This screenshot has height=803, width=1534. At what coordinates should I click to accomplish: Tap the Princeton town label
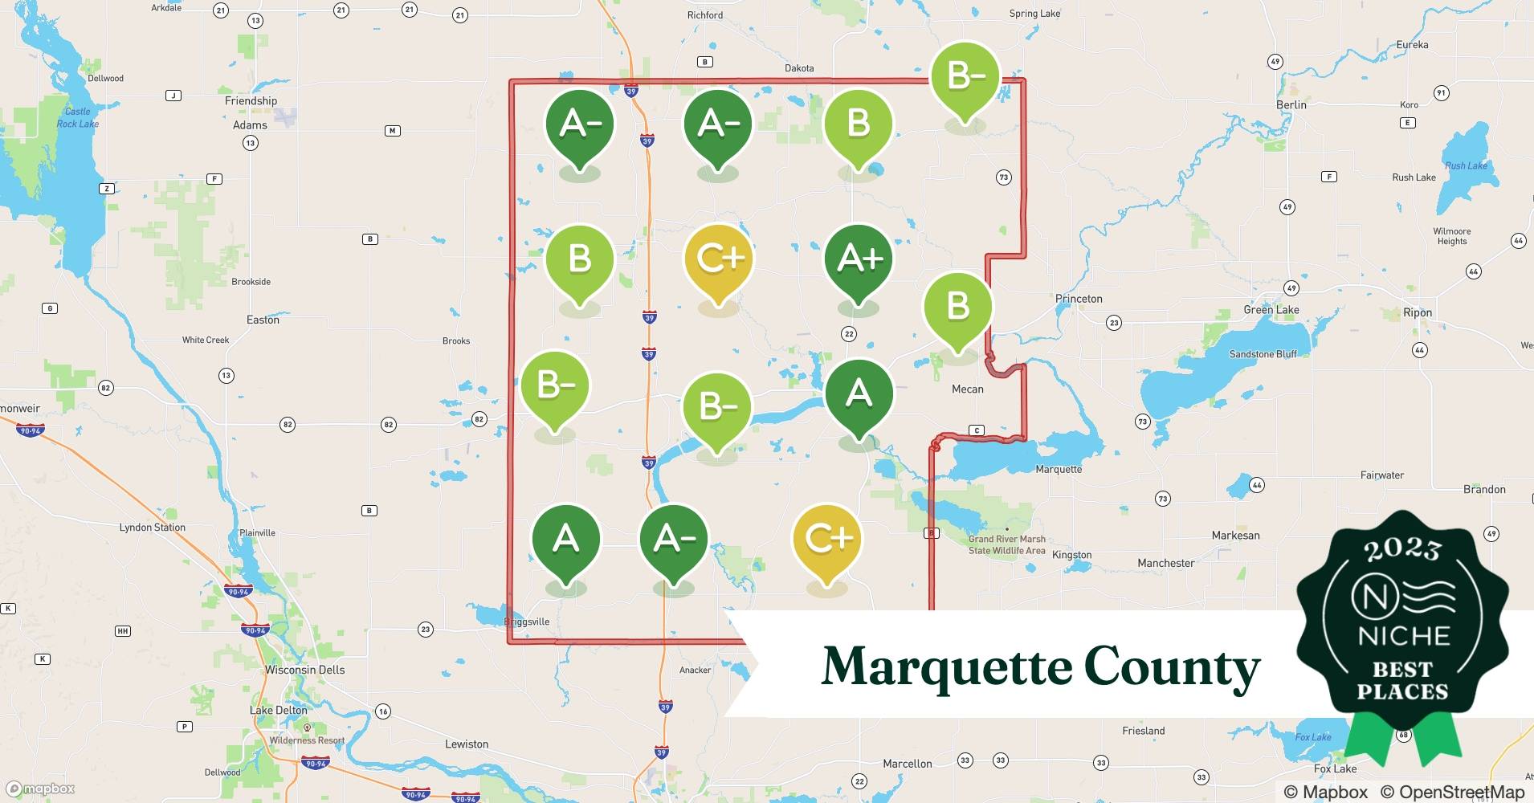(x=1079, y=299)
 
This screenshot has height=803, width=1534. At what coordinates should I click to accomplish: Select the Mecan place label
(x=967, y=389)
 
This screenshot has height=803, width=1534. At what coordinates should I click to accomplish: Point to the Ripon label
(x=1418, y=312)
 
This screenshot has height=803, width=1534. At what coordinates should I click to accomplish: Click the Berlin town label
(x=1291, y=104)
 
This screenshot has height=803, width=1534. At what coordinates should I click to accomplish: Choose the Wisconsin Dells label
(x=305, y=670)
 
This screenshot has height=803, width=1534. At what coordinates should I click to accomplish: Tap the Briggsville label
(x=528, y=622)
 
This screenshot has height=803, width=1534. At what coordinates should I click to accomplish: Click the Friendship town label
(x=251, y=100)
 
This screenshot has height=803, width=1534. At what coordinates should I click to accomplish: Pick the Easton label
(x=263, y=320)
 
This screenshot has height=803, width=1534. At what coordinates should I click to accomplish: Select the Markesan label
(x=1235, y=535)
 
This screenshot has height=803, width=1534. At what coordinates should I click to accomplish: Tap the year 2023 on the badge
(x=1402, y=549)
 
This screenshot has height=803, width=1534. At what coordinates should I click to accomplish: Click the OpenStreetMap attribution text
(x=1451, y=792)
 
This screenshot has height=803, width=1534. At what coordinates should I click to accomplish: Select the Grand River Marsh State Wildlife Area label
(x=1007, y=544)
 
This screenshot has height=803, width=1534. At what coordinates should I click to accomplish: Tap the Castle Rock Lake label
(x=78, y=117)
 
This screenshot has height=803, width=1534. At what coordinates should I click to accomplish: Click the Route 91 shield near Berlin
(x=1441, y=93)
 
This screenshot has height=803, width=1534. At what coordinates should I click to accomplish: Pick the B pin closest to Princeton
(x=957, y=307)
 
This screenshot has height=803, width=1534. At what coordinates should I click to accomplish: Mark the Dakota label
(x=799, y=68)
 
